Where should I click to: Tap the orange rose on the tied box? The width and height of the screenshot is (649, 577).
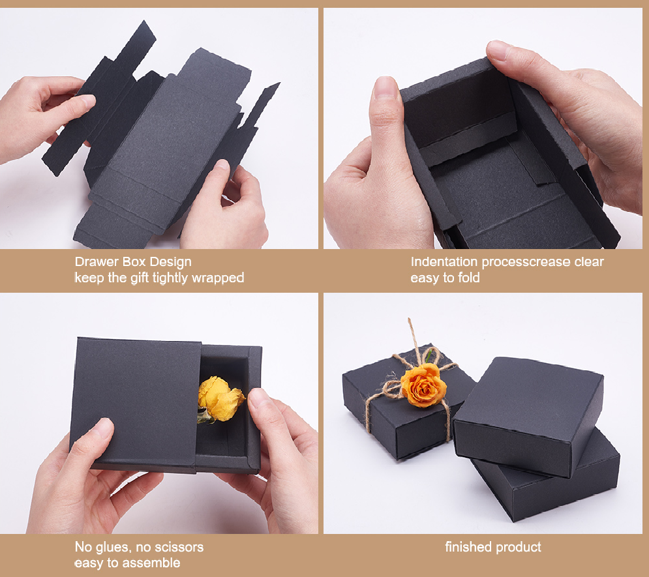(424, 385)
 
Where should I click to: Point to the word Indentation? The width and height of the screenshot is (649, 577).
(444, 262)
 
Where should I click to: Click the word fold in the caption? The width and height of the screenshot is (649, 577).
(469, 278)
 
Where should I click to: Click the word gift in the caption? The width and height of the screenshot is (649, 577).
(140, 278)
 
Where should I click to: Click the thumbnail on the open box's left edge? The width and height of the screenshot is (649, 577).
(385, 87)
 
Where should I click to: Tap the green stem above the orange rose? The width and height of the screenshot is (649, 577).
(430, 356)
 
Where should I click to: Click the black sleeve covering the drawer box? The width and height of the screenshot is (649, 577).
(135, 404)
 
